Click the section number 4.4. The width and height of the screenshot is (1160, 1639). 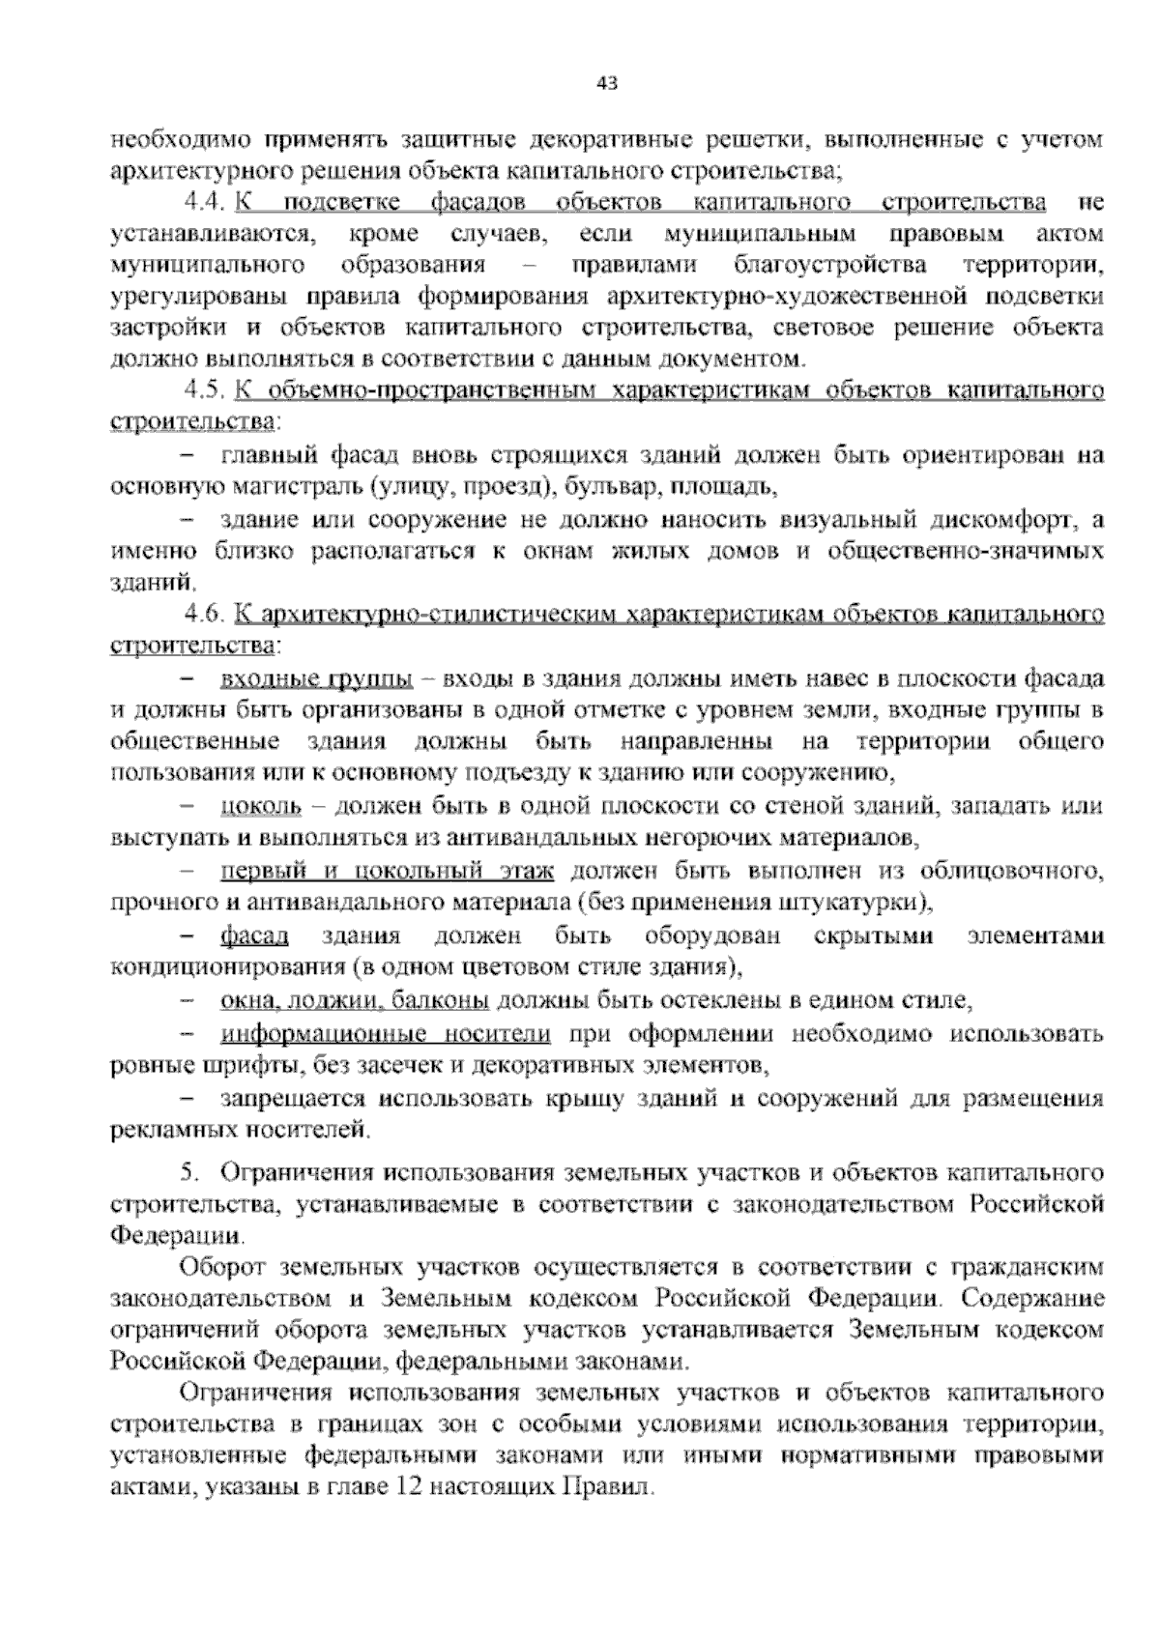[204, 203]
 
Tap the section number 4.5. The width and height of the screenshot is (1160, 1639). [204, 391]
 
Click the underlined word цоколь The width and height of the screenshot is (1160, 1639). [261, 805]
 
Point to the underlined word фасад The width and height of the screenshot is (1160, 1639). [254, 936]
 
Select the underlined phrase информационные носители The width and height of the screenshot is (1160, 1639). [386, 1035]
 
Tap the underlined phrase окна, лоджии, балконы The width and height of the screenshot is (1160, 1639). [354, 1001]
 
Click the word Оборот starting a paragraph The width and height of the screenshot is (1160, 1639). [221, 1266]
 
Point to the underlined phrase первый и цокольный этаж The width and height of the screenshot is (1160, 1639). [387, 873]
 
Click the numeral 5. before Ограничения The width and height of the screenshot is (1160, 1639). [189, 1174]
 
